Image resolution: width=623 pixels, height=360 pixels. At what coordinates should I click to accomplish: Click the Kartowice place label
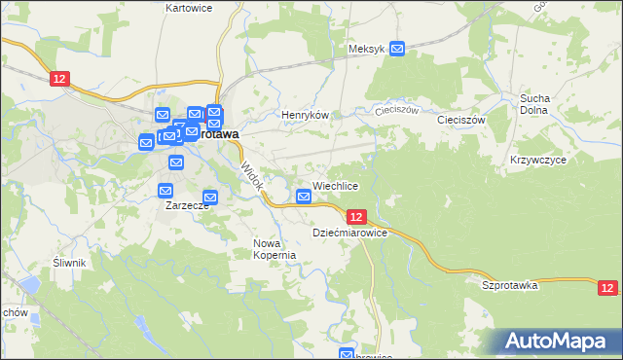coord(189,7)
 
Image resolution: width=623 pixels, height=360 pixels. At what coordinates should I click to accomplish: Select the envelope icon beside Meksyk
coord(397,48)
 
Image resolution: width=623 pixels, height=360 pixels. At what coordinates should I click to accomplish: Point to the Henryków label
coord(301,115)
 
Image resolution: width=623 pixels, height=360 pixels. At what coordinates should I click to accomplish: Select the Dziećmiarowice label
coord(350,234)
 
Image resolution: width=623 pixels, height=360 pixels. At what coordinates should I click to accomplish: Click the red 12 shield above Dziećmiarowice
coord(356,217)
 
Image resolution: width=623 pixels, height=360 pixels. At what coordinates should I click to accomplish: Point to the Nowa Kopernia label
coord(274,249)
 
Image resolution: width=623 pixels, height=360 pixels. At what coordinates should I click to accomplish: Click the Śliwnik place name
coord(70,263)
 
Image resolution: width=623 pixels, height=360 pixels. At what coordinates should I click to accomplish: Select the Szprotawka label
coord(510,285)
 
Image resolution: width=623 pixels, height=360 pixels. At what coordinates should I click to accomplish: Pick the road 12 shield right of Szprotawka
coord(607,287)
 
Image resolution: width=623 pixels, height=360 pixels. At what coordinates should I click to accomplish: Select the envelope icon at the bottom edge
coord(347,354)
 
